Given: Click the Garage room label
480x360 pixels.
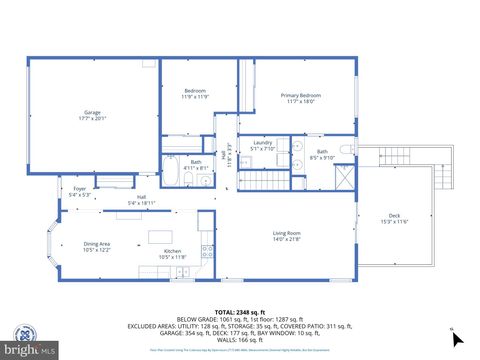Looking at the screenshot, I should (92, 115).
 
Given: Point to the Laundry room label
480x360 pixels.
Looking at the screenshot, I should (263, 146).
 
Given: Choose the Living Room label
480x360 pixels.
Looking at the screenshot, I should (287, 236).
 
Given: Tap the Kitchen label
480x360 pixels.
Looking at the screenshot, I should (172, 253).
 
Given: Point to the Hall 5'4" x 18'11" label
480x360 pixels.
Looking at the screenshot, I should (141, 200).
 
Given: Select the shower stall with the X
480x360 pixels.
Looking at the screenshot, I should (344, 178).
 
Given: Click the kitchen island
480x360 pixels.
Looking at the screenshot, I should (162, 238).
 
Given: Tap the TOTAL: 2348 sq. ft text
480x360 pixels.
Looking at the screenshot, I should (240, 310).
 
